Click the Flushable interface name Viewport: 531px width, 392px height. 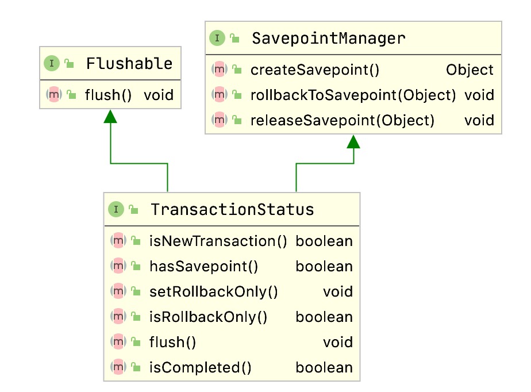click(x=129, y=63)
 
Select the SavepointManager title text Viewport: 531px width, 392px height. click(x=328, y=39)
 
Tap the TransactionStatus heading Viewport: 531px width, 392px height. click(x=232, y=209)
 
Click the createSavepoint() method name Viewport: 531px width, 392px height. click(x=315, y=70)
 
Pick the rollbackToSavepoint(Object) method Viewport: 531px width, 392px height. click(x=353, y=95)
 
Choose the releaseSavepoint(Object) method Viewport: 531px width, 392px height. click(x=342, y=120)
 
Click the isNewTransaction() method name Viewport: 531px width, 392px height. click(x=218, y=241)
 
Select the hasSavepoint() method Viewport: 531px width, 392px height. click(x=203, y=267)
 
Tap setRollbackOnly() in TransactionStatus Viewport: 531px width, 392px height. click(x=213, y=292)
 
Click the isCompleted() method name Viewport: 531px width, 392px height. click(x=200, y=368)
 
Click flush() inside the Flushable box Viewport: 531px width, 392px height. click(x=109, y=95)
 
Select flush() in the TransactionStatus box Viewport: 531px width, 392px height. click(x=172, y=343)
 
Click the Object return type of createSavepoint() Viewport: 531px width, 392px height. click(x=470, y=70)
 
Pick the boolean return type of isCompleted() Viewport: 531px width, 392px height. click(x=324, y=368)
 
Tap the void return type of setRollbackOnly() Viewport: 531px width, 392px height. click(x=337, y=292)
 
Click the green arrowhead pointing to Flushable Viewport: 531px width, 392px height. click(x=110, y=117)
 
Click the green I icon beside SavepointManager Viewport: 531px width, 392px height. click(x=217, y=39)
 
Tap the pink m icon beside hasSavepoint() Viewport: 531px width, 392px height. click(x=118, y=266)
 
